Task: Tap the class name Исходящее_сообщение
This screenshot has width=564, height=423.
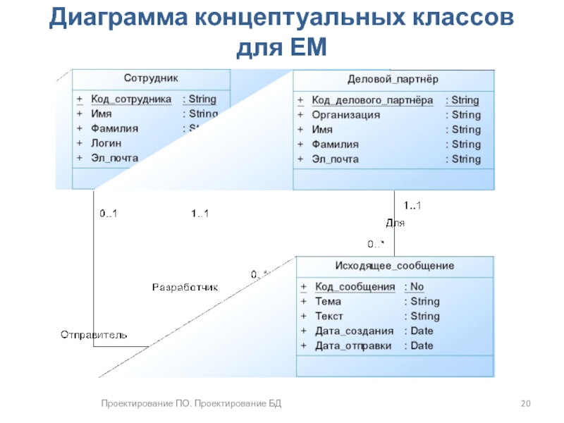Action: point(394,266)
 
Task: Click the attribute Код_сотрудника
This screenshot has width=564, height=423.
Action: point(131,99)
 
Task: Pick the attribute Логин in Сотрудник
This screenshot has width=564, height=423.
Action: point(106,144)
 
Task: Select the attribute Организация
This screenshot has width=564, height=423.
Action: point(346,115)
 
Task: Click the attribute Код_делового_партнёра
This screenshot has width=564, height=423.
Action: point(372,100)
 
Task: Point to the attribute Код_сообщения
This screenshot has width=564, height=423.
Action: point(355,287)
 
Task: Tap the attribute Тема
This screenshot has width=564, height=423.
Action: point(328,302)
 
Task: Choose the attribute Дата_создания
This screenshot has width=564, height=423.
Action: point(354,331)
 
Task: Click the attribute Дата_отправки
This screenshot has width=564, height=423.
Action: point(353,345)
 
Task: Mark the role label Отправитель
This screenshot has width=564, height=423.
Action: point(94,334)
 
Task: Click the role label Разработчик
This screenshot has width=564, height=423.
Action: point(185,288)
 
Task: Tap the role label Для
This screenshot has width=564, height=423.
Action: point(395,223)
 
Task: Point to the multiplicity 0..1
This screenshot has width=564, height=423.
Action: point(108,214)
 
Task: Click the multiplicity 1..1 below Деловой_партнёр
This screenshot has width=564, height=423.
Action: point(412,205)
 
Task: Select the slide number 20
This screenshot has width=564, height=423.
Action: point(525,403)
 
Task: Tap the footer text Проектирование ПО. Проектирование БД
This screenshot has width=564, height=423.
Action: point(190,403)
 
